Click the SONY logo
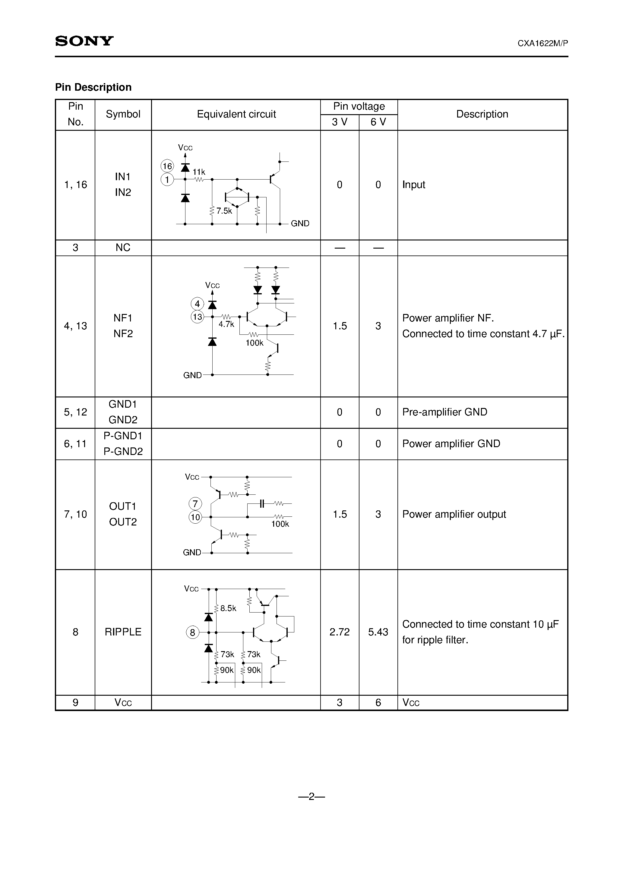point(84,41)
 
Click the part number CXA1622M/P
point(542,43)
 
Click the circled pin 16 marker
point(167,166)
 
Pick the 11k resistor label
point(199,172)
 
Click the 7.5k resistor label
point(224,211)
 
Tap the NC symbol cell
point(123,247)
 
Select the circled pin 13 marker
point(198,317)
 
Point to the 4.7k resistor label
point(226,324)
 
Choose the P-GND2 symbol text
point(123,451)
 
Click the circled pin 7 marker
point(195,503)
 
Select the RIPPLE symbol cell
point(123,632)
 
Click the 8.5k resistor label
point(228,608)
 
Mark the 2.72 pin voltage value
point(340,632)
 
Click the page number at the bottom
point(311,796)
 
